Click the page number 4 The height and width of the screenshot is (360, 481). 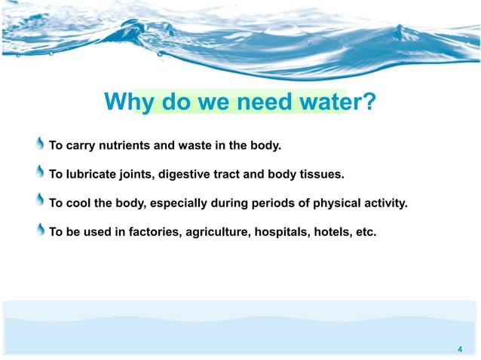(459, 349)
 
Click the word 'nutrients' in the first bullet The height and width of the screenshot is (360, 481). (124, 145)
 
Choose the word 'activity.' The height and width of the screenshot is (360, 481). (384, 203)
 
